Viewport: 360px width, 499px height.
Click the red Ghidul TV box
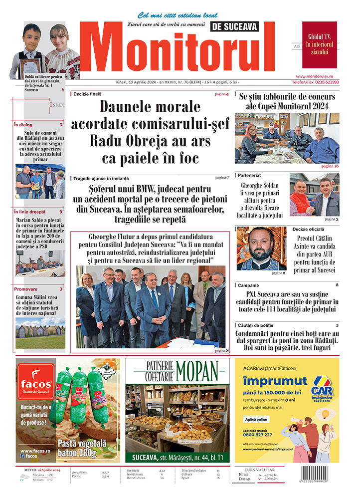click(319, 44)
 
